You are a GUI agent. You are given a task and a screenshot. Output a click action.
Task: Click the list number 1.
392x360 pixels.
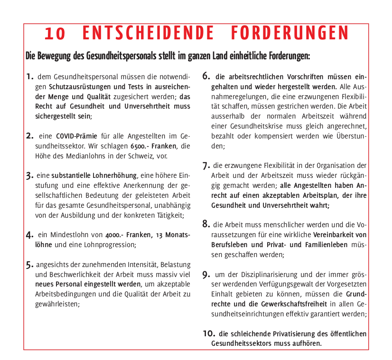30,76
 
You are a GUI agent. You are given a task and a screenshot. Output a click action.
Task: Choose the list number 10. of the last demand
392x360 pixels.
209,333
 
